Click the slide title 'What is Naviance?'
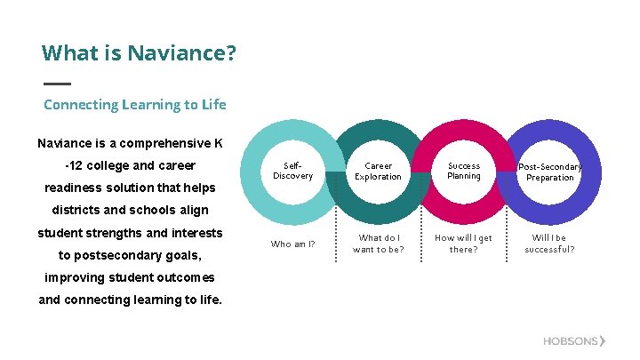pyautogui.click(x=139, y=53)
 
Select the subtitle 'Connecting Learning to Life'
pyautogui.click(x=134, y=105)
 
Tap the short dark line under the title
pyautogui.click(x=57, y=84)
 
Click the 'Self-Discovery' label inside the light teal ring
pyautogui.click(x=292, y=171)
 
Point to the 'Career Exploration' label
pyautogui.click(x=378, y=172)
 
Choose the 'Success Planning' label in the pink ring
pyautogui.click(x=463, y=171)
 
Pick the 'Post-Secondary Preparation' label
pyautogui.click(x=549, y=172)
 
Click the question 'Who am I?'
pyautogui.click(x=292, y=244)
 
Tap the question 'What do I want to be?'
pyautogui.click(x=378, y=244)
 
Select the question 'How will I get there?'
pyautogui.click(x=463, y=244)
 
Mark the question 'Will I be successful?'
pyautogui.click(x=549, y=244)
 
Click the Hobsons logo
pyautogui.click(x=574, y=341)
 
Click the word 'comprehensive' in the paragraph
pyautogui.click(x=164, y=143)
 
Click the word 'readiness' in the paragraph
pyautogui.click(x=75, y=188)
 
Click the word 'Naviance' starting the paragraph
pyautogui.click(x=63, y=143)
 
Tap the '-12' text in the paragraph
pyautogui.click(x=76, y=165)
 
